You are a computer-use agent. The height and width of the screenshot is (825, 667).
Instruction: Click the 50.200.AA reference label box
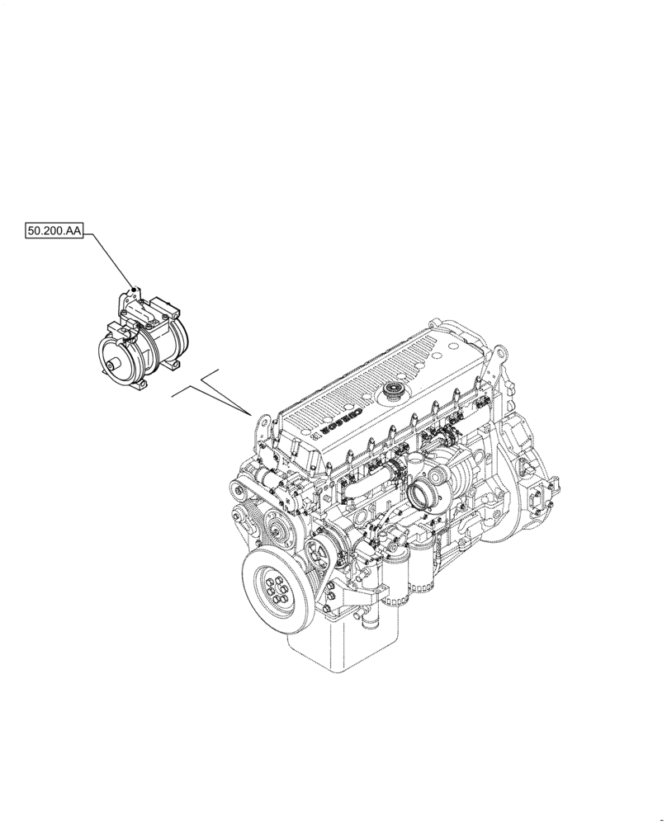(54, 233)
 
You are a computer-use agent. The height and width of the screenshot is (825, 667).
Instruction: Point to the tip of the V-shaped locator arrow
(250, 412)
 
